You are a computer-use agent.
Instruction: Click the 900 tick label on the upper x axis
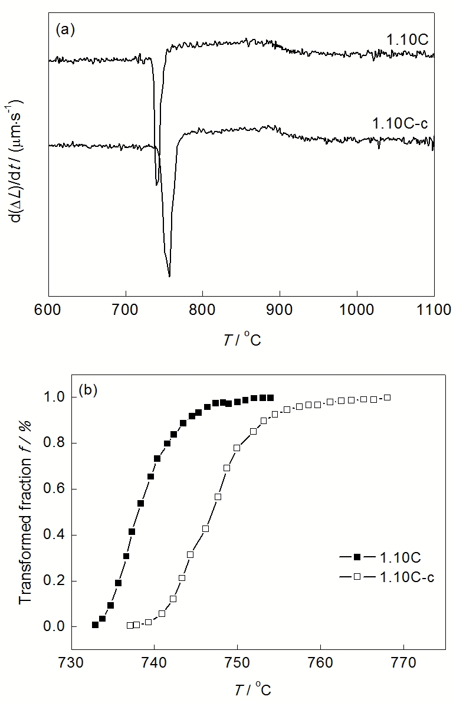click(280, 308)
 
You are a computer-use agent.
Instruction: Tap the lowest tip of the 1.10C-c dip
click(169, 275)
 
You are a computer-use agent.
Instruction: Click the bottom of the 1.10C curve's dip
click(157, 185)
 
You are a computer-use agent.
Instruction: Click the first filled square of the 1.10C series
click(95, 625)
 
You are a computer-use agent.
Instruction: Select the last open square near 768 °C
click(387, 398)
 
